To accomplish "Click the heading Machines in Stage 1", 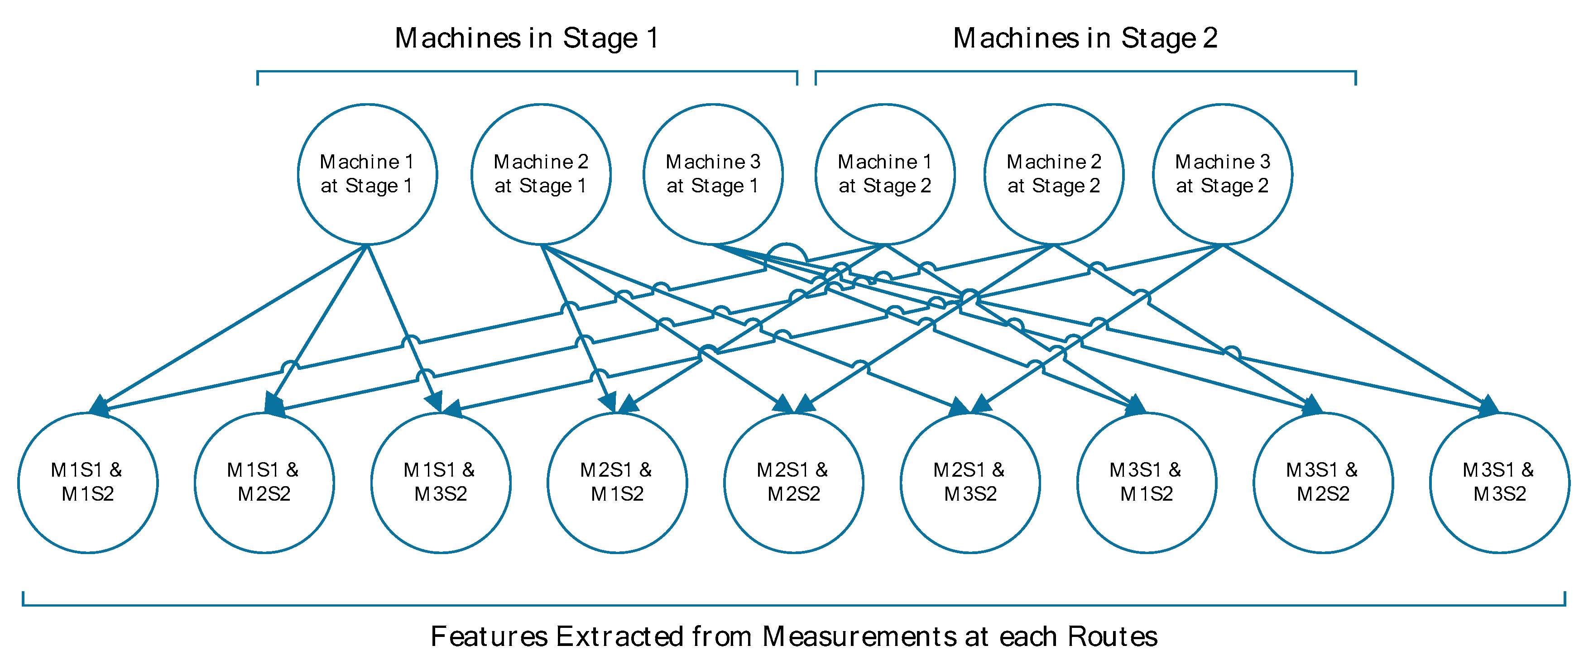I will pos(527,38).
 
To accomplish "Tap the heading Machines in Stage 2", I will pos(1085,38).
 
